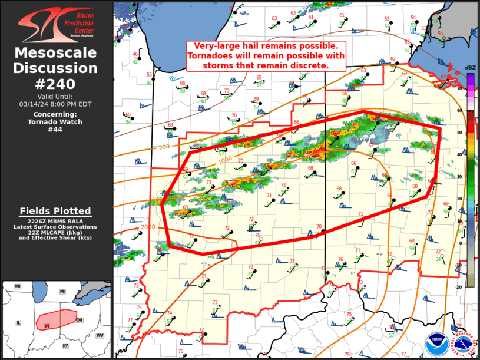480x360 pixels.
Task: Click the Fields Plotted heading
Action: point(55,211)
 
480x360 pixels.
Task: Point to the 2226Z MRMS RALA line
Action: point(55,221)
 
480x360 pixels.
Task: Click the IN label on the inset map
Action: point(47,325)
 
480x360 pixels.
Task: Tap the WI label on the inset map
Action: point(18,286)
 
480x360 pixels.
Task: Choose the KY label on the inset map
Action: point(65,346)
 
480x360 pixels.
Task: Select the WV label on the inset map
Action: point(100,335)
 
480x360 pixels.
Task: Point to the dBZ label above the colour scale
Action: point(470,68)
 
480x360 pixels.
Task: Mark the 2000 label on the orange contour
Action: point(148,227)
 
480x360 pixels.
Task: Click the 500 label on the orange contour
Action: point(164,146)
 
